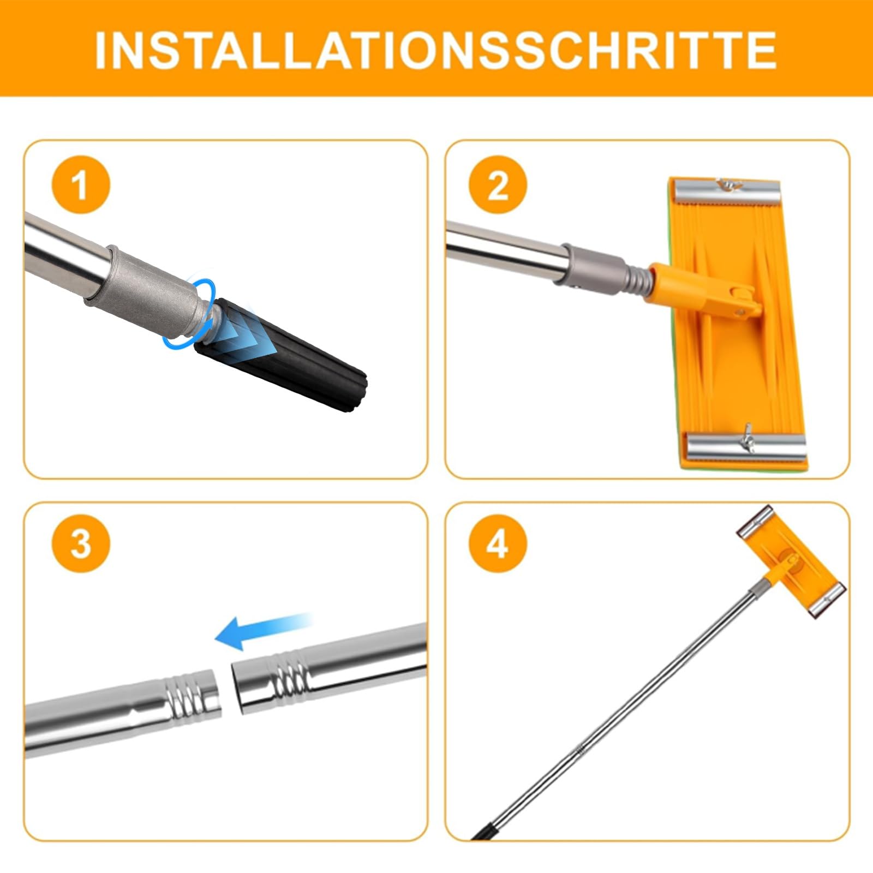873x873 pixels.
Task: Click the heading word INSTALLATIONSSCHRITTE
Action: click(x=436, y=50)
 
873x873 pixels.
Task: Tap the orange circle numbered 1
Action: click(x=81, y=184)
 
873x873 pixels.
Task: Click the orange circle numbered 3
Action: click(x=81, y=543)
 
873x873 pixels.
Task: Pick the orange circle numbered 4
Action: click(x=498, y=543)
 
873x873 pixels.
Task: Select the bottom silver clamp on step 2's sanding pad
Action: click(x=746, y=448)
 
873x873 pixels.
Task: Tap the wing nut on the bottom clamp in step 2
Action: click(x=745, y=436)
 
